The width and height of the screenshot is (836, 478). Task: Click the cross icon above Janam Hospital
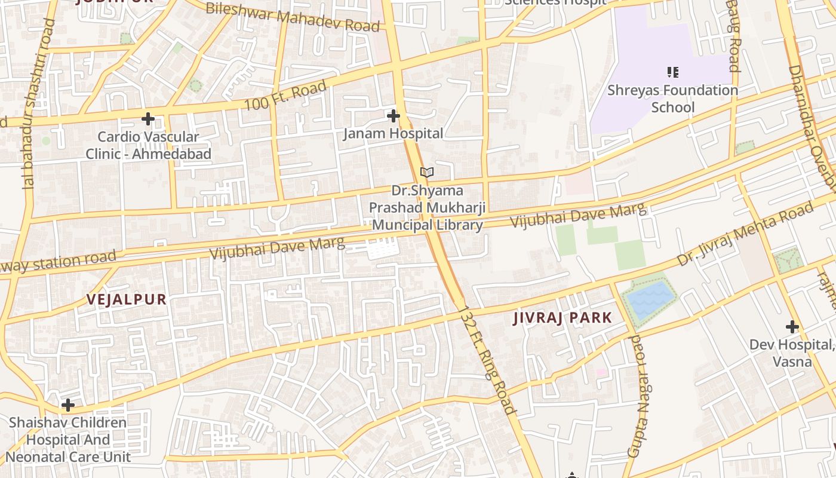coord(393,115)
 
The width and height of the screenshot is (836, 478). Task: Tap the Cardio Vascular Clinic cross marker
coord(148,119)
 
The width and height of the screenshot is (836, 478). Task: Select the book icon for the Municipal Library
coord(426,173)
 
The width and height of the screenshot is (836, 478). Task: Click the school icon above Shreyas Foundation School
coord(673,72)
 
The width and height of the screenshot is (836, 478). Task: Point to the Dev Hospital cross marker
coord(792,327)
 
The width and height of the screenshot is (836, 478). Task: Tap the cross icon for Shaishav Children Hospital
coord(68,405)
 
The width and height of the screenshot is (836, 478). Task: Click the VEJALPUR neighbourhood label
coord(127,300)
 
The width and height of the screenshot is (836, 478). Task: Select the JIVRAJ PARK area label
coord(563,318)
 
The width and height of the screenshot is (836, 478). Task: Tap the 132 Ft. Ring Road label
coord(488,360)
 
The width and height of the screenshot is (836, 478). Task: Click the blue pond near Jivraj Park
coord(648,301)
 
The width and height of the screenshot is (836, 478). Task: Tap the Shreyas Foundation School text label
coord(673,99)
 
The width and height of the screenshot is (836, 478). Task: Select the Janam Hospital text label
coord(393,133)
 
